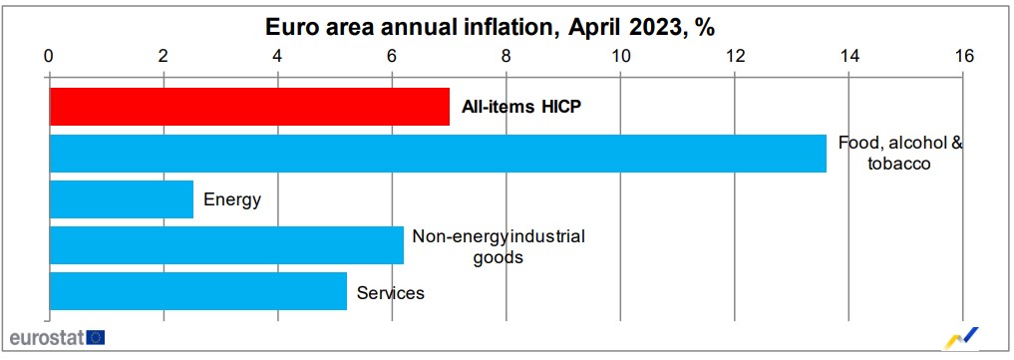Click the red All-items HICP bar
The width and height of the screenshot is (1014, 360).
pyautogui.click(x=249, y=107)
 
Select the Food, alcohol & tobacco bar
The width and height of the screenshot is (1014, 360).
pyautogui.click(x=438, y=153)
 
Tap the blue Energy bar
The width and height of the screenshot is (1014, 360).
pyautogui.click(x=121, y=199)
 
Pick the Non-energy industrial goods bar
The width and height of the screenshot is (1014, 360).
pyautogui.click(x=226, y=245)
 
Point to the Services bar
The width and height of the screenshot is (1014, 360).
pyautogui.click(x=197, y=291)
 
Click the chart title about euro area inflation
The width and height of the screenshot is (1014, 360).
pyautogui.click(x=490, y=27)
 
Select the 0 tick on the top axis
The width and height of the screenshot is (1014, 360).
pyautogui.click(x=49, y=56)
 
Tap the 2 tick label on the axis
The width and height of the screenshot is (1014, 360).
pyautogui.click(x=163, y=56)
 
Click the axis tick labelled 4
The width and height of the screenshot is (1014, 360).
pyautogui.click(x=277, y=56)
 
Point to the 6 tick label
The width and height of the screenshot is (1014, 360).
pyautogui.click(x=392, y=56)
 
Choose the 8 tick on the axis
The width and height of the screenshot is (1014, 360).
pyautogui.click(x=507, y=56)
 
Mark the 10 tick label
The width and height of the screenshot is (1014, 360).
pyautogui.click(x=620, y=56)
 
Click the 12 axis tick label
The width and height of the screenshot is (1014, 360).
pyautogui.click(x=735, y=56)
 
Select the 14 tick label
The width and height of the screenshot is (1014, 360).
pyautogui.click(x=849, y=56)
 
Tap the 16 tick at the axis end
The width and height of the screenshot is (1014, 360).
pyautogui.click(x=963, y=56)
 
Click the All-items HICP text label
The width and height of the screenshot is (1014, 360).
pyautogui.click(x=520, y=107)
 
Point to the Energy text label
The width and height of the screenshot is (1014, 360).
pyautogui.click(x=232, y=199)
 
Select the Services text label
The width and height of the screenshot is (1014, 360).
pyautogui.click(x=391, y=293)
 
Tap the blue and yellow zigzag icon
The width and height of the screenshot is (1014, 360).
pyautogui.click(x=962, y=336)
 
